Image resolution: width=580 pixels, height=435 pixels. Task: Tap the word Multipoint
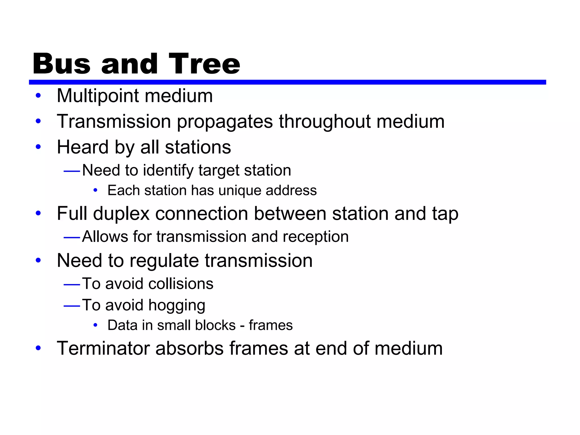[97, 96]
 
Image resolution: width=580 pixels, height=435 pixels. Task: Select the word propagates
[225, 122]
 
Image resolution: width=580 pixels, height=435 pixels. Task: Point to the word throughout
[324, 121]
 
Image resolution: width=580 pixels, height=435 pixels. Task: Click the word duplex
[121, 214]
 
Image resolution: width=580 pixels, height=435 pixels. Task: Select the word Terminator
[103, 348]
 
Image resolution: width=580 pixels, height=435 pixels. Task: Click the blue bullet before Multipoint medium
[38, 96]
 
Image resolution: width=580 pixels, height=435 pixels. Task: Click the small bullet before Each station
[95, 191]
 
